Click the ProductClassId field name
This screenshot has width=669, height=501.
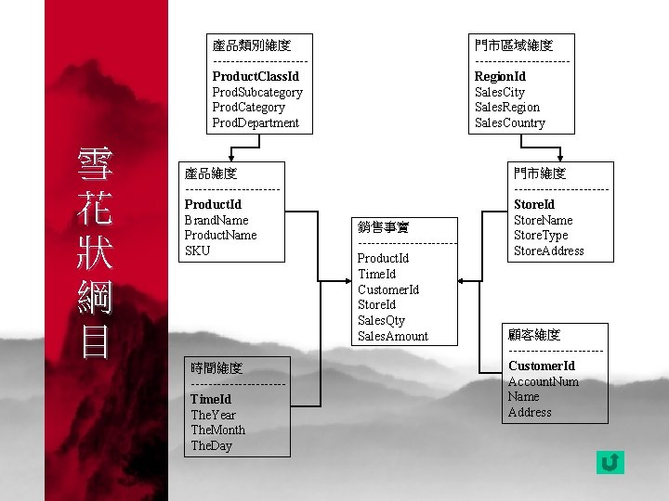(x=256, y=76)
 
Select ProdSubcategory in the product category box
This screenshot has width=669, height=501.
(x=257, y=92)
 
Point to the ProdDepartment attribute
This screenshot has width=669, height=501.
(x=256, y=122)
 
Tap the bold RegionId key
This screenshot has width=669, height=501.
(x=500, y=76)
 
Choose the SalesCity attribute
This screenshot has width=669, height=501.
(x=500, y=92)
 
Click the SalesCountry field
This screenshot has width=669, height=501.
(x=510, y=122)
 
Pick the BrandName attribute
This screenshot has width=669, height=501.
(x=216, y=220)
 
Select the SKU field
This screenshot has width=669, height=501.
(x=198, y=250)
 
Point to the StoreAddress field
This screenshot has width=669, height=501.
(x=549, y=250)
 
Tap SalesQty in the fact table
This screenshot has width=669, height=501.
(x=381, y=320)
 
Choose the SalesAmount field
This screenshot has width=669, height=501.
(x=393, y=336)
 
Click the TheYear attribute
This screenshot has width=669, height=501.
(x=213, y=415)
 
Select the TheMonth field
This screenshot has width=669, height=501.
(x=217, y=430)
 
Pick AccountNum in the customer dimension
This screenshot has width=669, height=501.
(x=544, y=381)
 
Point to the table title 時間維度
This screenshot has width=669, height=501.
(x=216, y=368)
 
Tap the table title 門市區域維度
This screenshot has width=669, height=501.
(x=514, y=45)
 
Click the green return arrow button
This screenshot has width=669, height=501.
(x=610, y=461)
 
